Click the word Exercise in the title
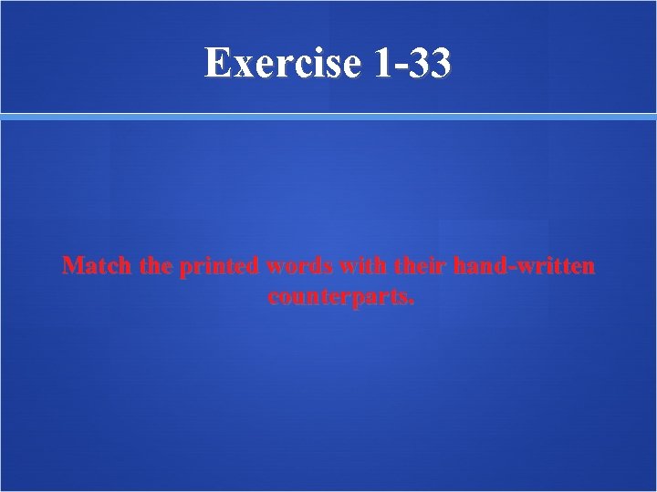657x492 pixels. click(283, 64)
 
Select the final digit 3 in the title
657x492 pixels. click(438, 64)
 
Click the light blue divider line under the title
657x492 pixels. click(328, 117)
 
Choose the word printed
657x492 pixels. click(220, 267)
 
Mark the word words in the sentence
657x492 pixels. click(300, 266)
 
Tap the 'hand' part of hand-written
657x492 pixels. click(475, 266)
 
